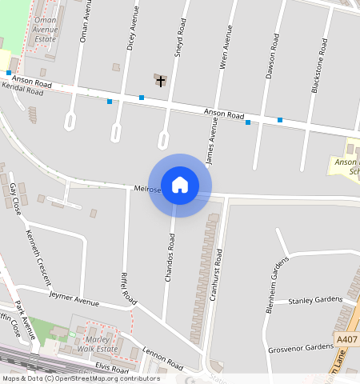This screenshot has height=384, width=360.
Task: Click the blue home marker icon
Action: [180, 185]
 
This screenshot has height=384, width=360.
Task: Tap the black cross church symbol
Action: [161, 81]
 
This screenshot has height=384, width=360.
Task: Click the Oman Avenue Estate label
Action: [46, 30]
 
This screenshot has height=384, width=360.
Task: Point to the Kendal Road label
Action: [23, 90]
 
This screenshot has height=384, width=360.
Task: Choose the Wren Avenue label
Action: [227, 47]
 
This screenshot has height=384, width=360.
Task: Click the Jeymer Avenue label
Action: [74, 299]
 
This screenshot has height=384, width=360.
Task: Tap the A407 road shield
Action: [347, 340]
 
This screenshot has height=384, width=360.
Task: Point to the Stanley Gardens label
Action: [315, 301]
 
